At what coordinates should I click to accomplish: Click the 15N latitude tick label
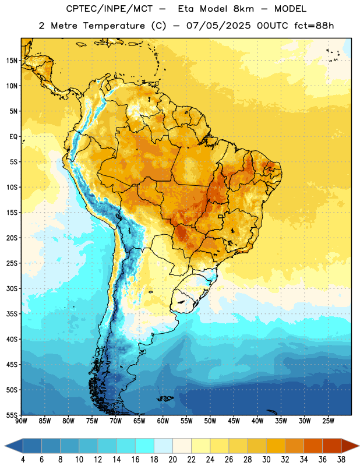click(x=12, y=61)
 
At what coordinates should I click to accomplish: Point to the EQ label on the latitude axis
click(x=13, y=137)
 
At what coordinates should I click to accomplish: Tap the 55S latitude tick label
click(x=12, y=415)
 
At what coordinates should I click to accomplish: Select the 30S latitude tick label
click(x=12, y=288)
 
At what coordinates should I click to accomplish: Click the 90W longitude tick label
click(x=21, y=421)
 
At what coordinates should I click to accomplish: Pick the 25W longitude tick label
click(x=328, y=421)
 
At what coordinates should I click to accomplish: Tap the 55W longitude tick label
click(x=186, y=421)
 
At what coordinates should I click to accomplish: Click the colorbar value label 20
click(x=172, y=460)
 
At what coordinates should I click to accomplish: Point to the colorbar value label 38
click(x=341, y=460)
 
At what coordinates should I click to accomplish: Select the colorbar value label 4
click(x=23, y=460)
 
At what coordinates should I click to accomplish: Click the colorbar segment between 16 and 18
click(x=145, y=446)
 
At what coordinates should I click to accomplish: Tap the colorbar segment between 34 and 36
click(x=313, y=446)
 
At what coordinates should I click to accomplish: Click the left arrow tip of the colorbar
click(x=5, y=446)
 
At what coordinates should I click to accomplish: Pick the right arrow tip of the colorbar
click(x=359, y=446)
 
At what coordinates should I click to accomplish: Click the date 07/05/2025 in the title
click(x=218, y=26)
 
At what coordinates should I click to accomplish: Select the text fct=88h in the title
click(x=314, y=26)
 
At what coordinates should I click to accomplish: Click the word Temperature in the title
click(x=114, y=26)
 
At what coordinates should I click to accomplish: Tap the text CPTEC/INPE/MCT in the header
click(x=109, y=9)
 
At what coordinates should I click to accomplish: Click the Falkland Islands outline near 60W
click(x=165, y=398)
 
